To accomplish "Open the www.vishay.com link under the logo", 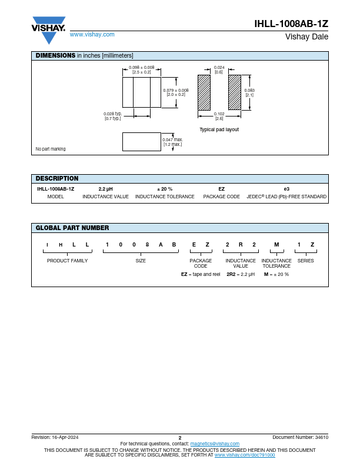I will [x=92, y=35].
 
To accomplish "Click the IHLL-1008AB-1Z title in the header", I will [x=291, y=24].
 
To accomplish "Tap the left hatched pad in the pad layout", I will [x=204, y=92].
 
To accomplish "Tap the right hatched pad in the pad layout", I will [x=235, y=92].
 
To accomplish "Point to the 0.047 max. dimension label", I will [x=172, y=142].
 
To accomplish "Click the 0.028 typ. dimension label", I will [x=112, y=116].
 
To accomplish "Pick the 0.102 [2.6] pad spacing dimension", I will [x=219, y=116].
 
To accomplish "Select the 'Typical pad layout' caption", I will [x=219, y=129].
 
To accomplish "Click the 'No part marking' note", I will [x=51, y=149].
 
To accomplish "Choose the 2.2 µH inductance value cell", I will [x=105, y=189].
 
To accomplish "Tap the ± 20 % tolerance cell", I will [x=165, y=189].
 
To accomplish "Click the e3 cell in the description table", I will [x=286, y=189].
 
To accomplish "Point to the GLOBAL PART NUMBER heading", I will [x=72, y=228].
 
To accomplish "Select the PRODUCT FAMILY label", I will [x=67, y=261].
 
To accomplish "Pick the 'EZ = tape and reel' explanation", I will [x=200, y=274].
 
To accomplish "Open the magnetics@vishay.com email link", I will [x=215, y=444].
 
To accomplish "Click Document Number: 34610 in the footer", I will [x=300, y=437].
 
